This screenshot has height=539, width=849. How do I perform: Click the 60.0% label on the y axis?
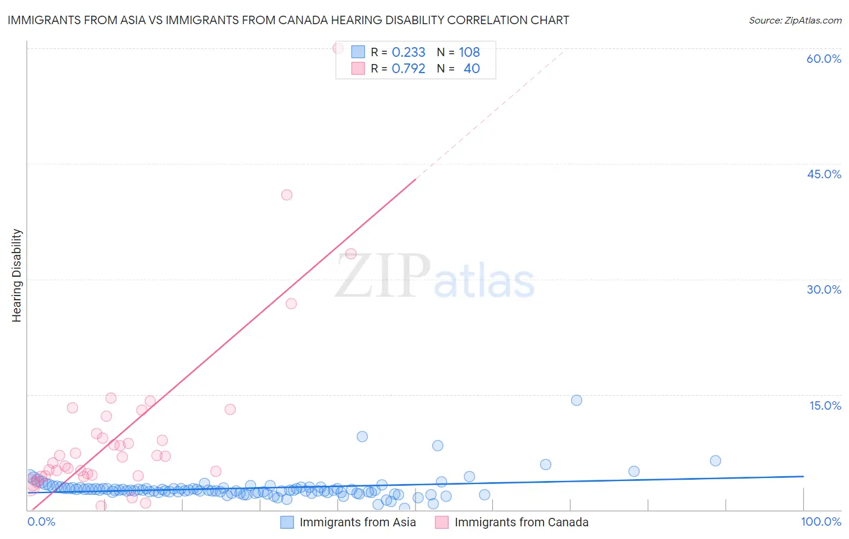click(x=824, y=59)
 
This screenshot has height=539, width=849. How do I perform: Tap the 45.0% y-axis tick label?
click(x=824, y=174)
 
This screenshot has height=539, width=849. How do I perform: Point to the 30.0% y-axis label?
click(x=824, y=289)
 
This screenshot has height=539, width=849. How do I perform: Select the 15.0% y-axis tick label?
click(x=825, y=405)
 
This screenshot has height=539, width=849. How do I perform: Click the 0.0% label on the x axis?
click(x=42, y=522)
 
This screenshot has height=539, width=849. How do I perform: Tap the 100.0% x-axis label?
click(x=821, y=522)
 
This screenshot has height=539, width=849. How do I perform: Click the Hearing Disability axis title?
click(x=17, y=276)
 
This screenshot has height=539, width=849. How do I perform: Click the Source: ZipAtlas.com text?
click(x=795, y=20)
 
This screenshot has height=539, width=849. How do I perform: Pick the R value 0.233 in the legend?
click(x=408, y=52)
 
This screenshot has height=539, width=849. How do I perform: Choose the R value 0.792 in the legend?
click(x=408, y=68)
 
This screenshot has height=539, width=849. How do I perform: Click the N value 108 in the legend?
click(x=469, y=52)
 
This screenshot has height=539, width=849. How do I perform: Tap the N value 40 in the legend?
click(x=472, y=68)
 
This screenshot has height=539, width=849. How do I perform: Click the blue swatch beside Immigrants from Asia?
click(x=287, y=522)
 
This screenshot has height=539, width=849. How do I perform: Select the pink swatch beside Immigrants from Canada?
click(x=442, y=522)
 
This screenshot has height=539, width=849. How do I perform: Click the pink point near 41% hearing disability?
click(x=287, y=195)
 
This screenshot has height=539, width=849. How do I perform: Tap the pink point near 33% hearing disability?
click(x=351, y=254)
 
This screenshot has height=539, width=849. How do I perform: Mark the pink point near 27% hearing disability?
click(x=291, y=303)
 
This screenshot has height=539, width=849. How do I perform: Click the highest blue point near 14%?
click(x=577, y=400)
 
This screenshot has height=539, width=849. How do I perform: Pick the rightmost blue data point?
click(x=716, y=460)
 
